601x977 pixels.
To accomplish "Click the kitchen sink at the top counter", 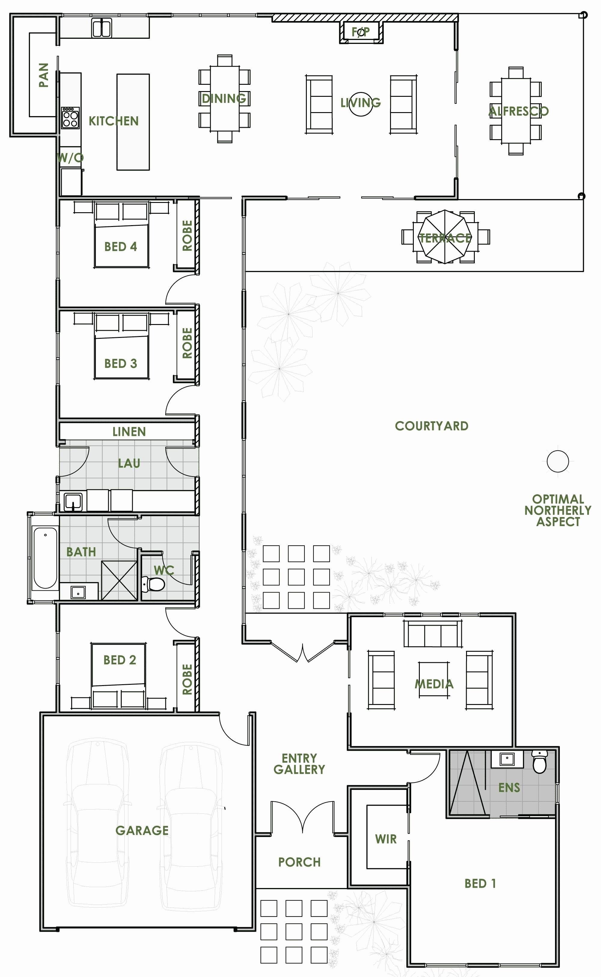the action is tap(102, 28).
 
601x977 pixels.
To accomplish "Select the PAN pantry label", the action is tap(43, 75).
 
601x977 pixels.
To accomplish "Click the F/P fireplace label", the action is tap(361, 31).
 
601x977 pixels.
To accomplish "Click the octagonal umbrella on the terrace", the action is tap(445, 237).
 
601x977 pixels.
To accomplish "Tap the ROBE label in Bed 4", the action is tap(187, 235).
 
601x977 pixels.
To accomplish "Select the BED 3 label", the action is tap(121, 363).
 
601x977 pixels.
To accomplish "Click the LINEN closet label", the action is tap(129, 431).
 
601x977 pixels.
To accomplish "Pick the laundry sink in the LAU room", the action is tap(73, 502).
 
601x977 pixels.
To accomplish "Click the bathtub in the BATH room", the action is tap(45, 557).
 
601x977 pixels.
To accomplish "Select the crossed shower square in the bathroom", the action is tap(119, 580).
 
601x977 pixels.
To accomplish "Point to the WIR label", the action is tap(386, 839).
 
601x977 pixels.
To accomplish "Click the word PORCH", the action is tap(299, 862).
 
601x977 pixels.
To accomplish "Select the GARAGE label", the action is tap(142, 831).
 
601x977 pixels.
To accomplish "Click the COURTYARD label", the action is tap(432, 426).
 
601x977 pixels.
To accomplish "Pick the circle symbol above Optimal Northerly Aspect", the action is tap(558, 461).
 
